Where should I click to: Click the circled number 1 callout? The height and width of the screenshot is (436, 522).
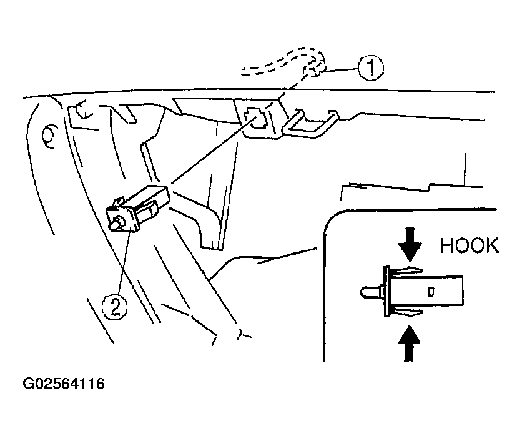370,68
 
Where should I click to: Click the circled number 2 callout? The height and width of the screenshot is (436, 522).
114,307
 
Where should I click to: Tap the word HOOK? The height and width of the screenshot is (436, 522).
470,246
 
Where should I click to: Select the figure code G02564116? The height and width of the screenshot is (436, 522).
64,384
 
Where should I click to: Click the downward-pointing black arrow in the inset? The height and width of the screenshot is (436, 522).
410,244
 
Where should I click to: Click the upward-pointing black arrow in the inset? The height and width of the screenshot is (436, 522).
409,344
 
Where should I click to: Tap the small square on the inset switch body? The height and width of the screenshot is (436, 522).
430,292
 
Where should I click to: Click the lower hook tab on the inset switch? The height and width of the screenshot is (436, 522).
407,312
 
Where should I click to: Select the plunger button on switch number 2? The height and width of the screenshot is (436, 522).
117,222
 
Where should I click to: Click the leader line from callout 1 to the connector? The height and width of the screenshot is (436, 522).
342,69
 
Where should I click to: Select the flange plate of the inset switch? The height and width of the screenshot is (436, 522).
387,292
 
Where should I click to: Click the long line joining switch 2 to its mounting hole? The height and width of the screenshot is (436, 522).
213,151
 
